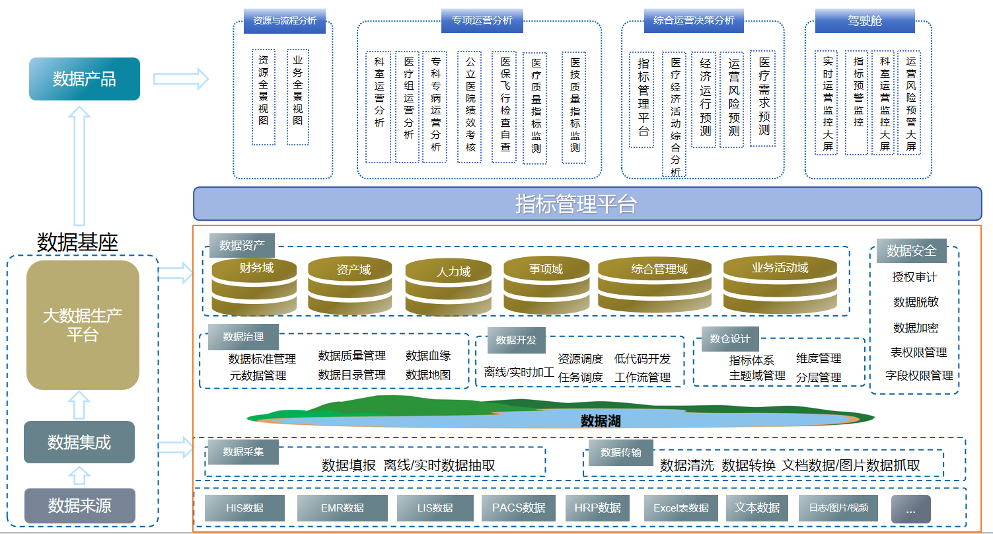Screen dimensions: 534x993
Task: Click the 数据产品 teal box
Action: tap(85, 79)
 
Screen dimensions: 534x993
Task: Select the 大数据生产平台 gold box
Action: tap(83, 324)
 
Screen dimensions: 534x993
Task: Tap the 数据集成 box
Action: tap(79, 442)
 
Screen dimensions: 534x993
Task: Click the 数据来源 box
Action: tap(79, 506)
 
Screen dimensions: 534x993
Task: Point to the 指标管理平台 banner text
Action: tap(576, 204)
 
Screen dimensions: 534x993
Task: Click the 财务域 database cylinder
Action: tap(254, 287)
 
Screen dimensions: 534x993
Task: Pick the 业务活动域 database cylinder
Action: tap(780, 286)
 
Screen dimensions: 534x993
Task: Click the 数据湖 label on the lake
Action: tap(601, 421)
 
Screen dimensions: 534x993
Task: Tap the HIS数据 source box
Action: tap(244, 508)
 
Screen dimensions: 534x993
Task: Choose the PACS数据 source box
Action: tap(519, 508)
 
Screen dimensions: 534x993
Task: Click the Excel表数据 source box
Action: tap(680, 508)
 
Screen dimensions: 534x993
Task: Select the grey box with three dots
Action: tap(910, 510)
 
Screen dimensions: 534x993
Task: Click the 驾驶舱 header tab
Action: tap(865, 21)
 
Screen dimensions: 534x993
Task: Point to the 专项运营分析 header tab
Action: tap(482, 20)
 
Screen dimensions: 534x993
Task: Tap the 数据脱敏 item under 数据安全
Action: tap(916, 302)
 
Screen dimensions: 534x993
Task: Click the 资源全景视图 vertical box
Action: tap(264, 96)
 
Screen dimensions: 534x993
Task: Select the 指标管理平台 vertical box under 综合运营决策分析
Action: tap(642, 99)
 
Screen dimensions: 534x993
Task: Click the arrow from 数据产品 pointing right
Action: tap(180, 79)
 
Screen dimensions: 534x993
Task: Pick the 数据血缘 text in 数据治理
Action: tap(428, 356)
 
